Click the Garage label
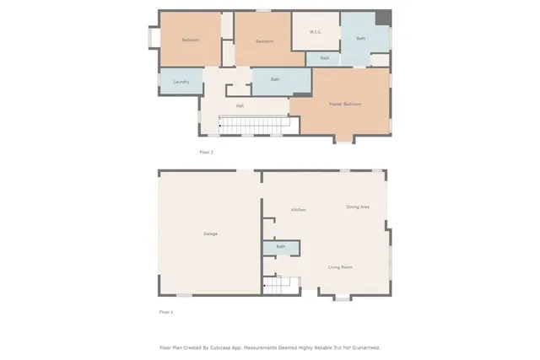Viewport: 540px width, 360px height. (x=210, y=234)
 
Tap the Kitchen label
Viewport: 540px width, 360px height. (x=298, y=210)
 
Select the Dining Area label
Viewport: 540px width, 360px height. (x=358, y=207)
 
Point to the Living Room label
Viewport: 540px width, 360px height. (x=340, y=267)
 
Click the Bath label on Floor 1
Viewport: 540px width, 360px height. (x=280, y=247)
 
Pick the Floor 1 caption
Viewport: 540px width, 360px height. (x=166, y=312)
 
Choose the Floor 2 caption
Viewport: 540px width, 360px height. (x=206, y=152)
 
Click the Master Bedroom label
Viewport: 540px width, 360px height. (x=345, y=104)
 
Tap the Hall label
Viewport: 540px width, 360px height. (x=240, y=105)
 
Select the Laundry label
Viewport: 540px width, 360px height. (x=181, y=82)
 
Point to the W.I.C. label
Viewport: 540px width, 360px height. (x=316, y=33)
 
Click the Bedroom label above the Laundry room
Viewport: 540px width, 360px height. (x=191, y=40)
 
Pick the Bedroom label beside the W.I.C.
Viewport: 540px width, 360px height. (x=265, y=41)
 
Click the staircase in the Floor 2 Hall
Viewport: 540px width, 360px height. (x=254, y=125)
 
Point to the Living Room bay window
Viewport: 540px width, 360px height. (x=342, y=297)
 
